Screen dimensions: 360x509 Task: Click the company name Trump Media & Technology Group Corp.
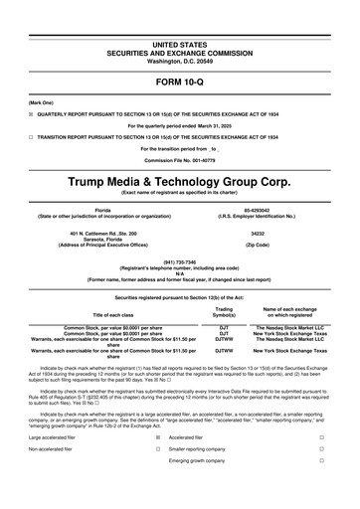pos(180,184)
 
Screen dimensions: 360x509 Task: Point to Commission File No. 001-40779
pos(180,159)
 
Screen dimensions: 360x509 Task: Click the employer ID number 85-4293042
pos(258,210)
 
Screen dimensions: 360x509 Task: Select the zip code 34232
pos(258,234)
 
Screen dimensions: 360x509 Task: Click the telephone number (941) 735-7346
pos(180,262)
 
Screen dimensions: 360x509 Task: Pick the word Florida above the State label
pos(102,210)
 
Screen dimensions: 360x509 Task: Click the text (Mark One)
pos(41,103)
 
